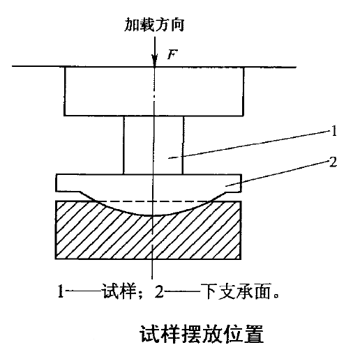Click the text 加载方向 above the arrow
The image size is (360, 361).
click(x=154, y=24)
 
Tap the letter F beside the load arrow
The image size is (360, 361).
click(x=172, y=55)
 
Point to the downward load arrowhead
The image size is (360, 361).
click(x=154, y=61)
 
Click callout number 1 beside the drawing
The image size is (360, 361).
click(x=334, y=131)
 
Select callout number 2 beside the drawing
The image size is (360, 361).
click(x=333, y=162)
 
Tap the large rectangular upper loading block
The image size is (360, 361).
click(x=154, y=91)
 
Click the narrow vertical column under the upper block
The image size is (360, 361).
click(x=153, y=145)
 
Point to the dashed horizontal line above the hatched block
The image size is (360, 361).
click(x=153, y=201)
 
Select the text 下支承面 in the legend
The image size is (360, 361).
click(x=236, y=291)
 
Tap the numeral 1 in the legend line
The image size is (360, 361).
click(x=61, y=291)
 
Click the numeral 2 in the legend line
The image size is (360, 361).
click(x=159, y=291)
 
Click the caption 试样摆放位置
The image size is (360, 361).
click(x=202, y=334)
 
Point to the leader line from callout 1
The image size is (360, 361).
click(x=249, y=144)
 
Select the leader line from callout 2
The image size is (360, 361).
click(x=277, y=174)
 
